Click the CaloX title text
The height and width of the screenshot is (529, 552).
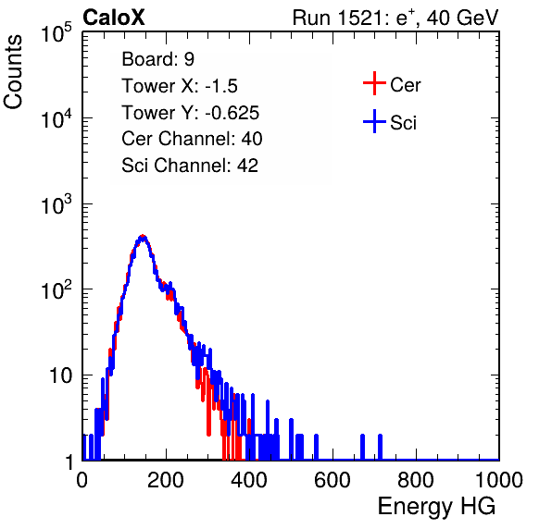114,18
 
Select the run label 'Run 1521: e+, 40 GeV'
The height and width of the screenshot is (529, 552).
395,18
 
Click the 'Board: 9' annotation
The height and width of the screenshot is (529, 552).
157,59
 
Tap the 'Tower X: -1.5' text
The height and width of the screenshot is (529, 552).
180,86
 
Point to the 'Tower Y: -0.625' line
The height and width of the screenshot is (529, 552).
190,113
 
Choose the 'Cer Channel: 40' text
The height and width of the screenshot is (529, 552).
192,139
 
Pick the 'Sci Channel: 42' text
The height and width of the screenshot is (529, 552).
190,166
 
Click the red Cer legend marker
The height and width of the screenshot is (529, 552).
374,83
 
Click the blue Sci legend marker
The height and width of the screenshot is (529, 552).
374,121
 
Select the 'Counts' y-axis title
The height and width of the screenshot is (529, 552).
13,72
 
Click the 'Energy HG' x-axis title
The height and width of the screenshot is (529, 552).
436,507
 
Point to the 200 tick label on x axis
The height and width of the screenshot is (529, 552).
166,480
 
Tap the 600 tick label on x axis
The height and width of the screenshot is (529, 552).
332,480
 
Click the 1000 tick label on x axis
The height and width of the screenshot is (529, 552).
499,480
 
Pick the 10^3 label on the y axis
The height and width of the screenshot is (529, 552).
56,204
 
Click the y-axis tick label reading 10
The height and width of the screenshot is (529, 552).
60,375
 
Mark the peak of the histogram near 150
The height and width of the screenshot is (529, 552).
143,238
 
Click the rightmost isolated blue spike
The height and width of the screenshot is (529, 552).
381,447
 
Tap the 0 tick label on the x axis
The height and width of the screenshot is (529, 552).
82,480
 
